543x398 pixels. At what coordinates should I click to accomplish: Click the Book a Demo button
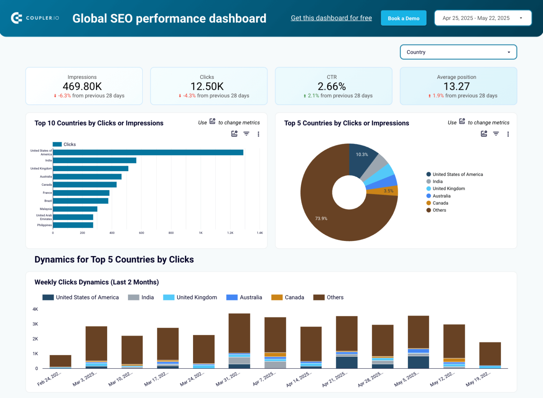pos(403,18)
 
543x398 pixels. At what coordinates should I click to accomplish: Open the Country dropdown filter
pos(458,52)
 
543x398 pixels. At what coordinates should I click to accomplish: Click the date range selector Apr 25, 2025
pos(483,18)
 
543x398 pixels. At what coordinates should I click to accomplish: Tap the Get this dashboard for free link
pos(331,18)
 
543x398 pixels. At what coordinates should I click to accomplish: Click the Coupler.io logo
pos(35,18)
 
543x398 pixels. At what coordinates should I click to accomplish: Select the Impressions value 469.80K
pos(82,86)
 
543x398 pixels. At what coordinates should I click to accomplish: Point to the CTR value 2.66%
pos(332,86)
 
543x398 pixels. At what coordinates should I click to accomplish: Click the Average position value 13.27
pos(456,86)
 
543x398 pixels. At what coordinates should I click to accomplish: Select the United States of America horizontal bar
pos(148,152)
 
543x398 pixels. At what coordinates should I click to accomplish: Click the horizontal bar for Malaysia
pos(75,209)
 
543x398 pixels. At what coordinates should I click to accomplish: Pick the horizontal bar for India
pos(94,161)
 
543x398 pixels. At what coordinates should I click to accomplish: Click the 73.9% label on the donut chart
pos(321,219)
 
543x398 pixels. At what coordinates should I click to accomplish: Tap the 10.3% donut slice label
pos(362,155)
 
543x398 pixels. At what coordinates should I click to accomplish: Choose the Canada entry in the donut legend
pos(440,203)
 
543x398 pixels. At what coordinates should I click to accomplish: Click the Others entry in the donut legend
pos(439,210)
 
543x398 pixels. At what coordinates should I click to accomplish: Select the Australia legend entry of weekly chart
pos(244,298)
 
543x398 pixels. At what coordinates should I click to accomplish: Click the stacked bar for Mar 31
pos(239,340)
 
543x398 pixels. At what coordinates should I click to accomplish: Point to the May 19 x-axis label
pos(478,379)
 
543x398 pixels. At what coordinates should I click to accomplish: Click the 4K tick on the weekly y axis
pos(35,309)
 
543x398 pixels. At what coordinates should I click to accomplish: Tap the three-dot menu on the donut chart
pos(508,134)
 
